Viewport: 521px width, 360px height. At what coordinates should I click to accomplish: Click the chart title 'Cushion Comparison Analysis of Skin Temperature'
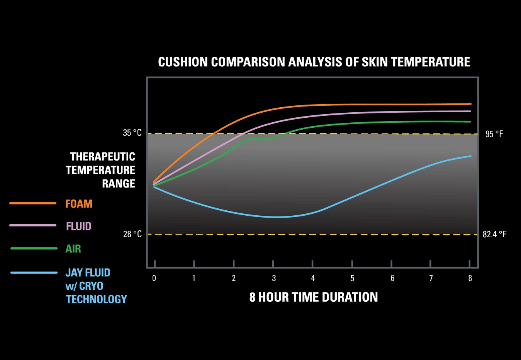pyautogui.click(x=314, y=62)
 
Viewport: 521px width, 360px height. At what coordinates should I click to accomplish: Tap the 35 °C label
pyautogui.click(x=132, y=133)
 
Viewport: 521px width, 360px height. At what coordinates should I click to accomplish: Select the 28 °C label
pyautogui.click(x=132, y=234)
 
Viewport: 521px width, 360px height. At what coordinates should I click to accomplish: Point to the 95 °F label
pyautogui.click(x=494, y=134)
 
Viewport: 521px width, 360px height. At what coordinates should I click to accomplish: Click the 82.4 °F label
pyautogui.click(x=494, y=234)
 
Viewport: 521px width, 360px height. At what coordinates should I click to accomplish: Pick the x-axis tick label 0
pyautogui.click(x=154, y=278)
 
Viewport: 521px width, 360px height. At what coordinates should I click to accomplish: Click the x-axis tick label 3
pyautogui.click(x=274, y=278)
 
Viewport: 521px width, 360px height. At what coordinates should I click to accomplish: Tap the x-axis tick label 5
pyautogui.click(x=352, y=278)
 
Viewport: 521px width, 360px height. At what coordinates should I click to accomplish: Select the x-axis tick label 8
pyautogui.click(x=470, y=278)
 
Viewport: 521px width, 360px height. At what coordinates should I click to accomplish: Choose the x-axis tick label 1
pyautogui.click(x=194, y=278)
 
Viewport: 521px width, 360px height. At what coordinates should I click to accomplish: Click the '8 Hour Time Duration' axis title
pyautogui.click(x=314, y=297)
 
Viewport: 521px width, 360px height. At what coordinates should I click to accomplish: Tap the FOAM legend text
pyautogui.click(x=79, y=204)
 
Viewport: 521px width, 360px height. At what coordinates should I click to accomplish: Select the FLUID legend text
pyautogui.click(x=79, y=226)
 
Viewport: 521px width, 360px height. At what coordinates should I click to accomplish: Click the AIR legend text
pyautogui.click(x=73, y=249)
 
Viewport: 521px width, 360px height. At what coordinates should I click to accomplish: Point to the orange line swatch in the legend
pyautogui.click(x=33, y=203)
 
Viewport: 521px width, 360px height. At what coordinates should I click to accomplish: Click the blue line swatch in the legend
pyautogui.click(x=34, y=273)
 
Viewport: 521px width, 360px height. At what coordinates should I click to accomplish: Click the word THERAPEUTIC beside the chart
pyautogui.click(x=102, y=157)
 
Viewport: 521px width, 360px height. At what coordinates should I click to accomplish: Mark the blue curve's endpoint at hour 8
pyautogui.click(x=470, y=156)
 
